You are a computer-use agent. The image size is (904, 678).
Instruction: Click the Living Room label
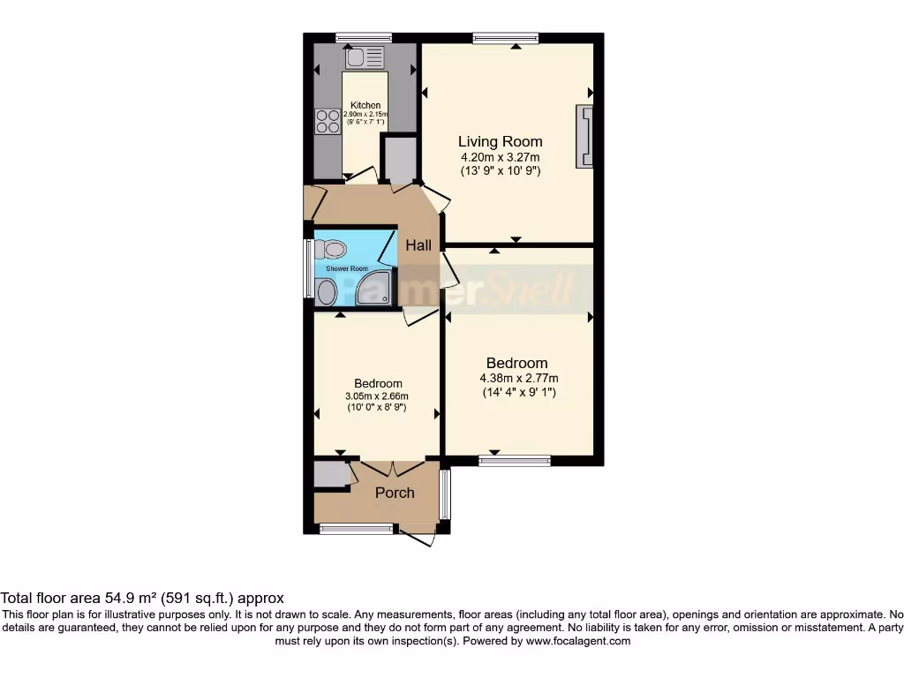pyautogui.click(x=500, y=141)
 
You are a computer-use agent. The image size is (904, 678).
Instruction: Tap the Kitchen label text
pyautogui.click(x=365, y=105)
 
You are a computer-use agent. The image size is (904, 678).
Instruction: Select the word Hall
pyautogui.click(x=418, y=245)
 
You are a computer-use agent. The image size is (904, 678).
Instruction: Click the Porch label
pyautogui.click(x=395, y=493)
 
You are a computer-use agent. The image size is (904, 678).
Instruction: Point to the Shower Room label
pyautogui.click(x=347, y=267)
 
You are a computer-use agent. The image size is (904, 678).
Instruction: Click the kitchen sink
pyautogui.click(x=366, y=58)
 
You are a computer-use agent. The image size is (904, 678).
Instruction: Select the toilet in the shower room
pyautogui.click(x=326, y=249)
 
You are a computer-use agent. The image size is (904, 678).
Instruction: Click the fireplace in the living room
pyautogui.click(x=584, y=137)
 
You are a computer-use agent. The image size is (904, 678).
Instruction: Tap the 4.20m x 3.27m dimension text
pyautogui.click(x=500, y=158)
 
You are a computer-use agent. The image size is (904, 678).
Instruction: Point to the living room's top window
pyautogui.click(x=505, y=37)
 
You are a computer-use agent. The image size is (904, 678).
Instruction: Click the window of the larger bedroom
pyautogui.click(x=515, y=460)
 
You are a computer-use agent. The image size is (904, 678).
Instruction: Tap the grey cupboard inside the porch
pyautogui.click(x=332, y=475)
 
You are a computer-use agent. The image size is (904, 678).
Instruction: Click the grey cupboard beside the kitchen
pyautogui.click(x=400, y=159)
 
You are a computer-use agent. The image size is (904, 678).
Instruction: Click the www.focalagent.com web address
pyautogui.click(x=577, y=641)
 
